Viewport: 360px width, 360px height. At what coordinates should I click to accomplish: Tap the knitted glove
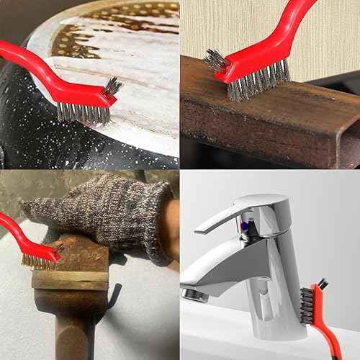pyautogui.click(x=101, y=209)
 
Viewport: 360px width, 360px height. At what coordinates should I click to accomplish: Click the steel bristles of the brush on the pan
pyautogui.click(x=83, y=112)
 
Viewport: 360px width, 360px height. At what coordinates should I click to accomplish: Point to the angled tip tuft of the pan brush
pyautogui.click(x=112, y=87)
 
